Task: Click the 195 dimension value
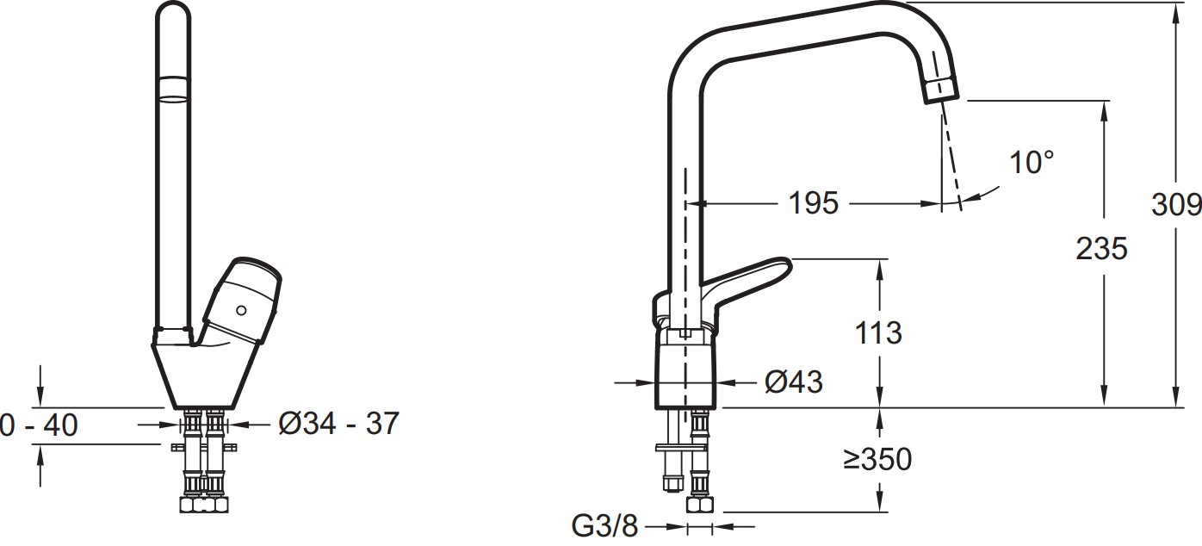coord(813,203)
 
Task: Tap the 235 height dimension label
coord(1101,249)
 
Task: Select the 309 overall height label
coord(1175,205)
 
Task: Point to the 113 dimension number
coord(878,333)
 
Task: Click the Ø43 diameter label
coord(793,382)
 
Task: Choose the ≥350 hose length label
coord(877,459)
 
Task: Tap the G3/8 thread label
coord(604,526)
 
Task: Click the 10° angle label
coord(1032,162)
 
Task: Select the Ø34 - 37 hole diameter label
coord(339,424)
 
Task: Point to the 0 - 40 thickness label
coord(39,425)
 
